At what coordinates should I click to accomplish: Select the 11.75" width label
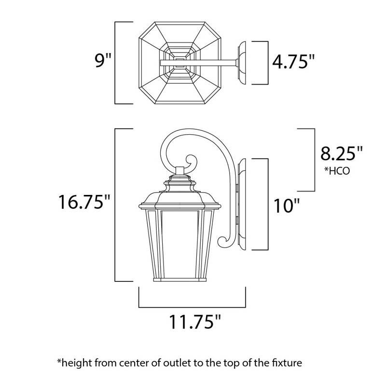pyautogui.click(x=192, y=321)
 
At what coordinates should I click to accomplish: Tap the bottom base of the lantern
pyautogui.click(x=181, y=280)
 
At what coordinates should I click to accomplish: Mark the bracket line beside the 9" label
pyautogui.click(x=116, y=62)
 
